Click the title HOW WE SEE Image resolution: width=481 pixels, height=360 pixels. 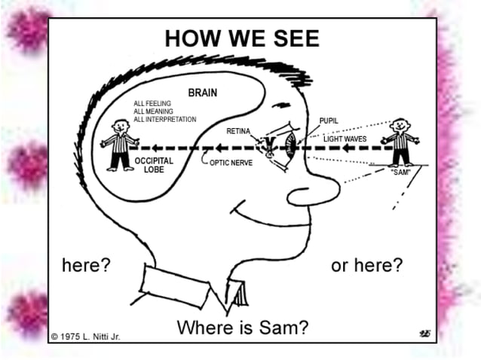coord(241,38)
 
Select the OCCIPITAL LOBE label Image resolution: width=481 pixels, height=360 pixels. coord(154,165)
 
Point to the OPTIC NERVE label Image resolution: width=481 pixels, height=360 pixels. coord(231,162)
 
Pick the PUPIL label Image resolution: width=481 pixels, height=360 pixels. coord(328,121)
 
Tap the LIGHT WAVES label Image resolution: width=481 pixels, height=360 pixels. coord(345,139)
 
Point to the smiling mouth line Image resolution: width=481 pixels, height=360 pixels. coord(264,215)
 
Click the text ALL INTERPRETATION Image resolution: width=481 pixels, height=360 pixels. coord(165,119)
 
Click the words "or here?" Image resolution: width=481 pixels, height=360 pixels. coord(366,266)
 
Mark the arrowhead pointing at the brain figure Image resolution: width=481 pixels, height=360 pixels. coord(146,148)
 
